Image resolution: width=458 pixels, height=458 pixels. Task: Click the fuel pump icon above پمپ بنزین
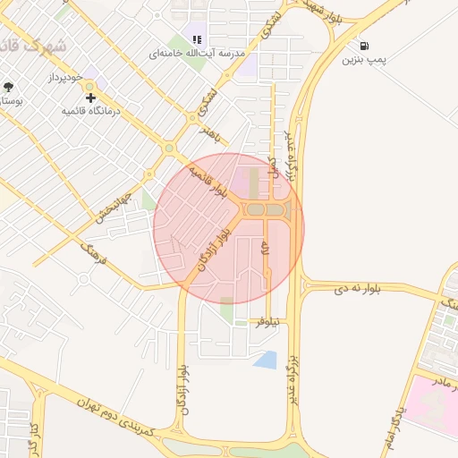coord(364,46)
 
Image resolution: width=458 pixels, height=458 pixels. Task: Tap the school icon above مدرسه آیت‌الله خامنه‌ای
coord(198,38)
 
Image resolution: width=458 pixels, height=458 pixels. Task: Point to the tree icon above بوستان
coord(8,87)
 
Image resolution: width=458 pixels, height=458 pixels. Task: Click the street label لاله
coord(265,250)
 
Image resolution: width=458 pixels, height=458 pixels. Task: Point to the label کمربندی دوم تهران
coord(115,418)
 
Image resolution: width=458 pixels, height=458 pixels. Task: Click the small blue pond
coord(265,360)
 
